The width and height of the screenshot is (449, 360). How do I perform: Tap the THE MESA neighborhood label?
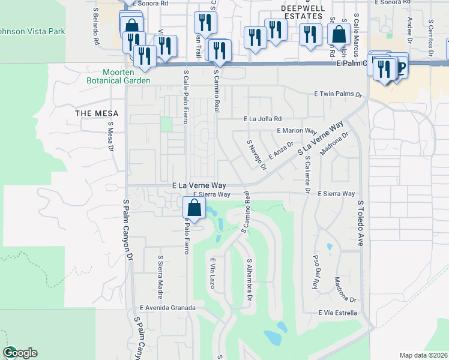96,113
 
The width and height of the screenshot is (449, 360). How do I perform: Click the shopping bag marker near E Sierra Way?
194,209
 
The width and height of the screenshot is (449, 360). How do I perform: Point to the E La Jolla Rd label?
262,119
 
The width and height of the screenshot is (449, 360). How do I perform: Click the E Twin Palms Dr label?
339,94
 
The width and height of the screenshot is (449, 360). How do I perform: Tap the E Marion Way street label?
297,130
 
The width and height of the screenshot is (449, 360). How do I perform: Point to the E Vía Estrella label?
339,313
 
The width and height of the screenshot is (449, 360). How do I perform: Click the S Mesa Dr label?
110,137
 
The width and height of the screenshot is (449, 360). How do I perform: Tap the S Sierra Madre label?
161,274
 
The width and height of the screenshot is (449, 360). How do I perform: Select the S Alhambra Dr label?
249,281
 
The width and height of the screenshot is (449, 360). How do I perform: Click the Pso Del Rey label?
315,271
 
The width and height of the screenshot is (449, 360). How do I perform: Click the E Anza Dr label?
280,150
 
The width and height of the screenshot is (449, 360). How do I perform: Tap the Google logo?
20,353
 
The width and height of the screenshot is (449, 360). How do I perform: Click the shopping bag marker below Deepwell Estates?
339,35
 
